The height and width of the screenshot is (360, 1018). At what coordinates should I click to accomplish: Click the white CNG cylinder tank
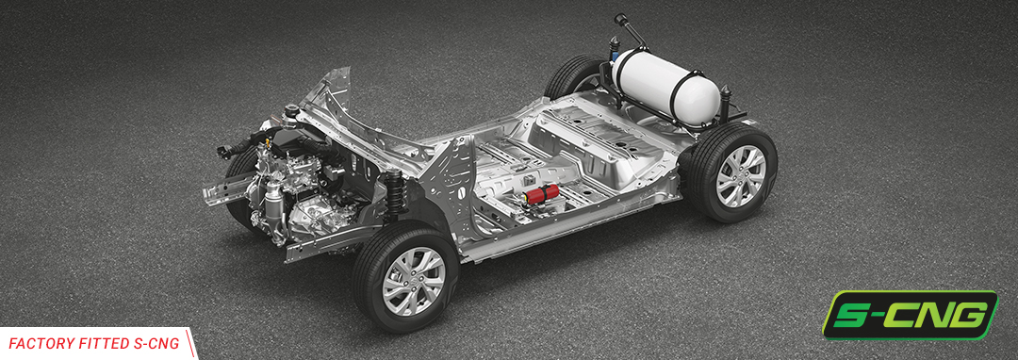(665, 84)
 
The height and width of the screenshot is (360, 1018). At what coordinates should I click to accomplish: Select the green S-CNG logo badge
(910, 315)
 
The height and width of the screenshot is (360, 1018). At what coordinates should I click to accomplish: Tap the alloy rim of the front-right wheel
(414, 281)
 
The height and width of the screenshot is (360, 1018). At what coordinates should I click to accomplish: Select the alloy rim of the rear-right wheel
(740, 176)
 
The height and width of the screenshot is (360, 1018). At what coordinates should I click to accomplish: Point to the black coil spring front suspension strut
(395, 191)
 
